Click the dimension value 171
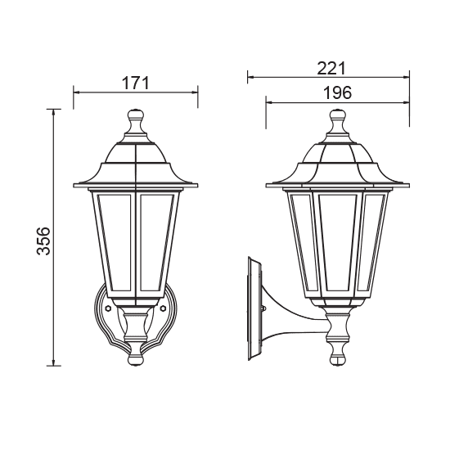point(136,82)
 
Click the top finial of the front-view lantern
point(136,123)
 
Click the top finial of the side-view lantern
point(336,124)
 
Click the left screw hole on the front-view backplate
point(106,310)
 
